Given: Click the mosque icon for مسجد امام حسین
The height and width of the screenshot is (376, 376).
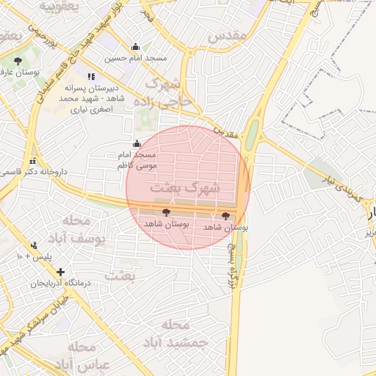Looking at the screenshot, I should [135, 47].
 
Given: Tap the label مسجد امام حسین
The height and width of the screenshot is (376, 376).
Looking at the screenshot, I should [135, 57].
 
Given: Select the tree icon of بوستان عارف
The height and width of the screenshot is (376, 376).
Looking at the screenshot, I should [18, 62].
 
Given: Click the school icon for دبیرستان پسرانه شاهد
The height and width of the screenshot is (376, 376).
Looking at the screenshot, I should [91, 76].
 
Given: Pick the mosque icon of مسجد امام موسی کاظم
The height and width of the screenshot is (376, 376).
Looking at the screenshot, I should [136, 144].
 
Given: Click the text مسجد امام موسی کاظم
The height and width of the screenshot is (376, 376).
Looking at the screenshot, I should [137, 160].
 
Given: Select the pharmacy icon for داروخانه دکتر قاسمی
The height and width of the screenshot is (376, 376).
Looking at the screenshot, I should [32, 161].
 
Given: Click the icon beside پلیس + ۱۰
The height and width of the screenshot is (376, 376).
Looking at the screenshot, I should [34, 245].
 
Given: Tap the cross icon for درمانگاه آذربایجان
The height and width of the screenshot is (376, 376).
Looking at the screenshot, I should [60, 272].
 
